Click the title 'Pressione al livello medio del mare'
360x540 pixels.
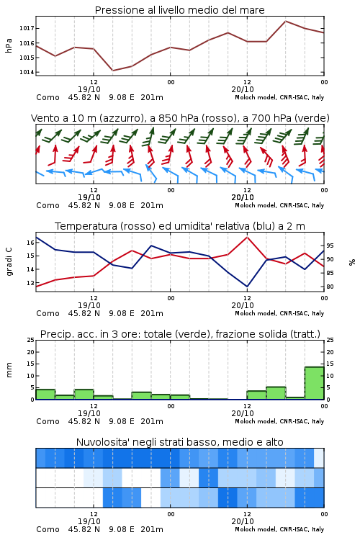(x=179, y=10)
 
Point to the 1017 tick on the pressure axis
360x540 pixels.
(x=26, y=28)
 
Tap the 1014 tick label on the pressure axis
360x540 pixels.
(x=26, y=72)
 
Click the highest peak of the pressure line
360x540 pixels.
(x=285, y=21)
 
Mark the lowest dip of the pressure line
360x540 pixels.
(x=112, y=71)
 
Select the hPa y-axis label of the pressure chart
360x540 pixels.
(x=9, y=45)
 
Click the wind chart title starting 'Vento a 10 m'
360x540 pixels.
(x=180, y=118)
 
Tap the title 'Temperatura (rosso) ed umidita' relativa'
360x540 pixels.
(x=180, y=226)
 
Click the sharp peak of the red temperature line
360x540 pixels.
(x=247, y=237)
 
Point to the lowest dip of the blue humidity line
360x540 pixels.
(x=247, y=287)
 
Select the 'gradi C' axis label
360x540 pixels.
(x=9, y=261)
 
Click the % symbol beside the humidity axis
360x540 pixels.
(x=352, y=262)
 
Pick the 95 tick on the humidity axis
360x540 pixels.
(x=330, y=246)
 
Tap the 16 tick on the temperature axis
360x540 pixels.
(x=30, y=243)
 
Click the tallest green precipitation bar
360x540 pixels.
(x=314, y=383)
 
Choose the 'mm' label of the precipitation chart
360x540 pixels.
(x=9, y=369)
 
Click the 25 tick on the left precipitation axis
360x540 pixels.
(x=30, y=340)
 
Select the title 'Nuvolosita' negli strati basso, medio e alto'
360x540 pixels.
(x=179, y=442)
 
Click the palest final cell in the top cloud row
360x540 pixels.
(x=319, y=458)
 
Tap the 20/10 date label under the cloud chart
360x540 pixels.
(x=243, y=521)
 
